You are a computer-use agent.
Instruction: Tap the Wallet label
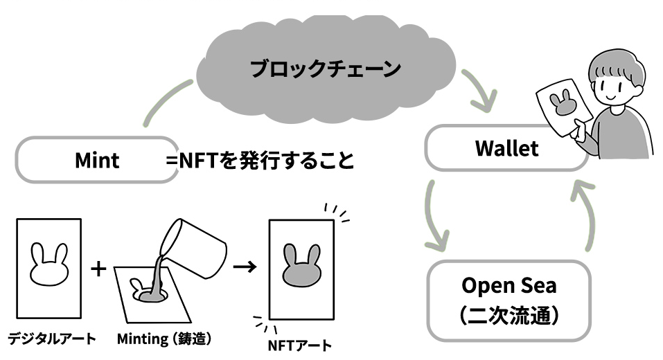(506, 149)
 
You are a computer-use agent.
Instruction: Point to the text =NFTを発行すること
(260, 161)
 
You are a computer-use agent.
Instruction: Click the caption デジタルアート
(51, 339)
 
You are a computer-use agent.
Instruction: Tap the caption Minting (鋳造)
(163, 339)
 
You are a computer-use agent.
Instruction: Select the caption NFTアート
(299, 344)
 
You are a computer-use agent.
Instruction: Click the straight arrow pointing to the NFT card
(242, 266)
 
